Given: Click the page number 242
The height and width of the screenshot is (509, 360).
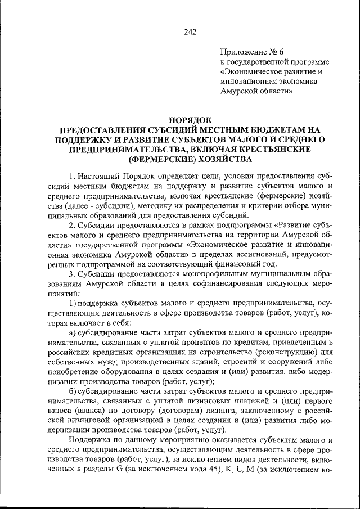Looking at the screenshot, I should (190, 32).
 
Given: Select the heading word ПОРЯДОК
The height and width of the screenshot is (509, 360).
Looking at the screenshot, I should (189, 120).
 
